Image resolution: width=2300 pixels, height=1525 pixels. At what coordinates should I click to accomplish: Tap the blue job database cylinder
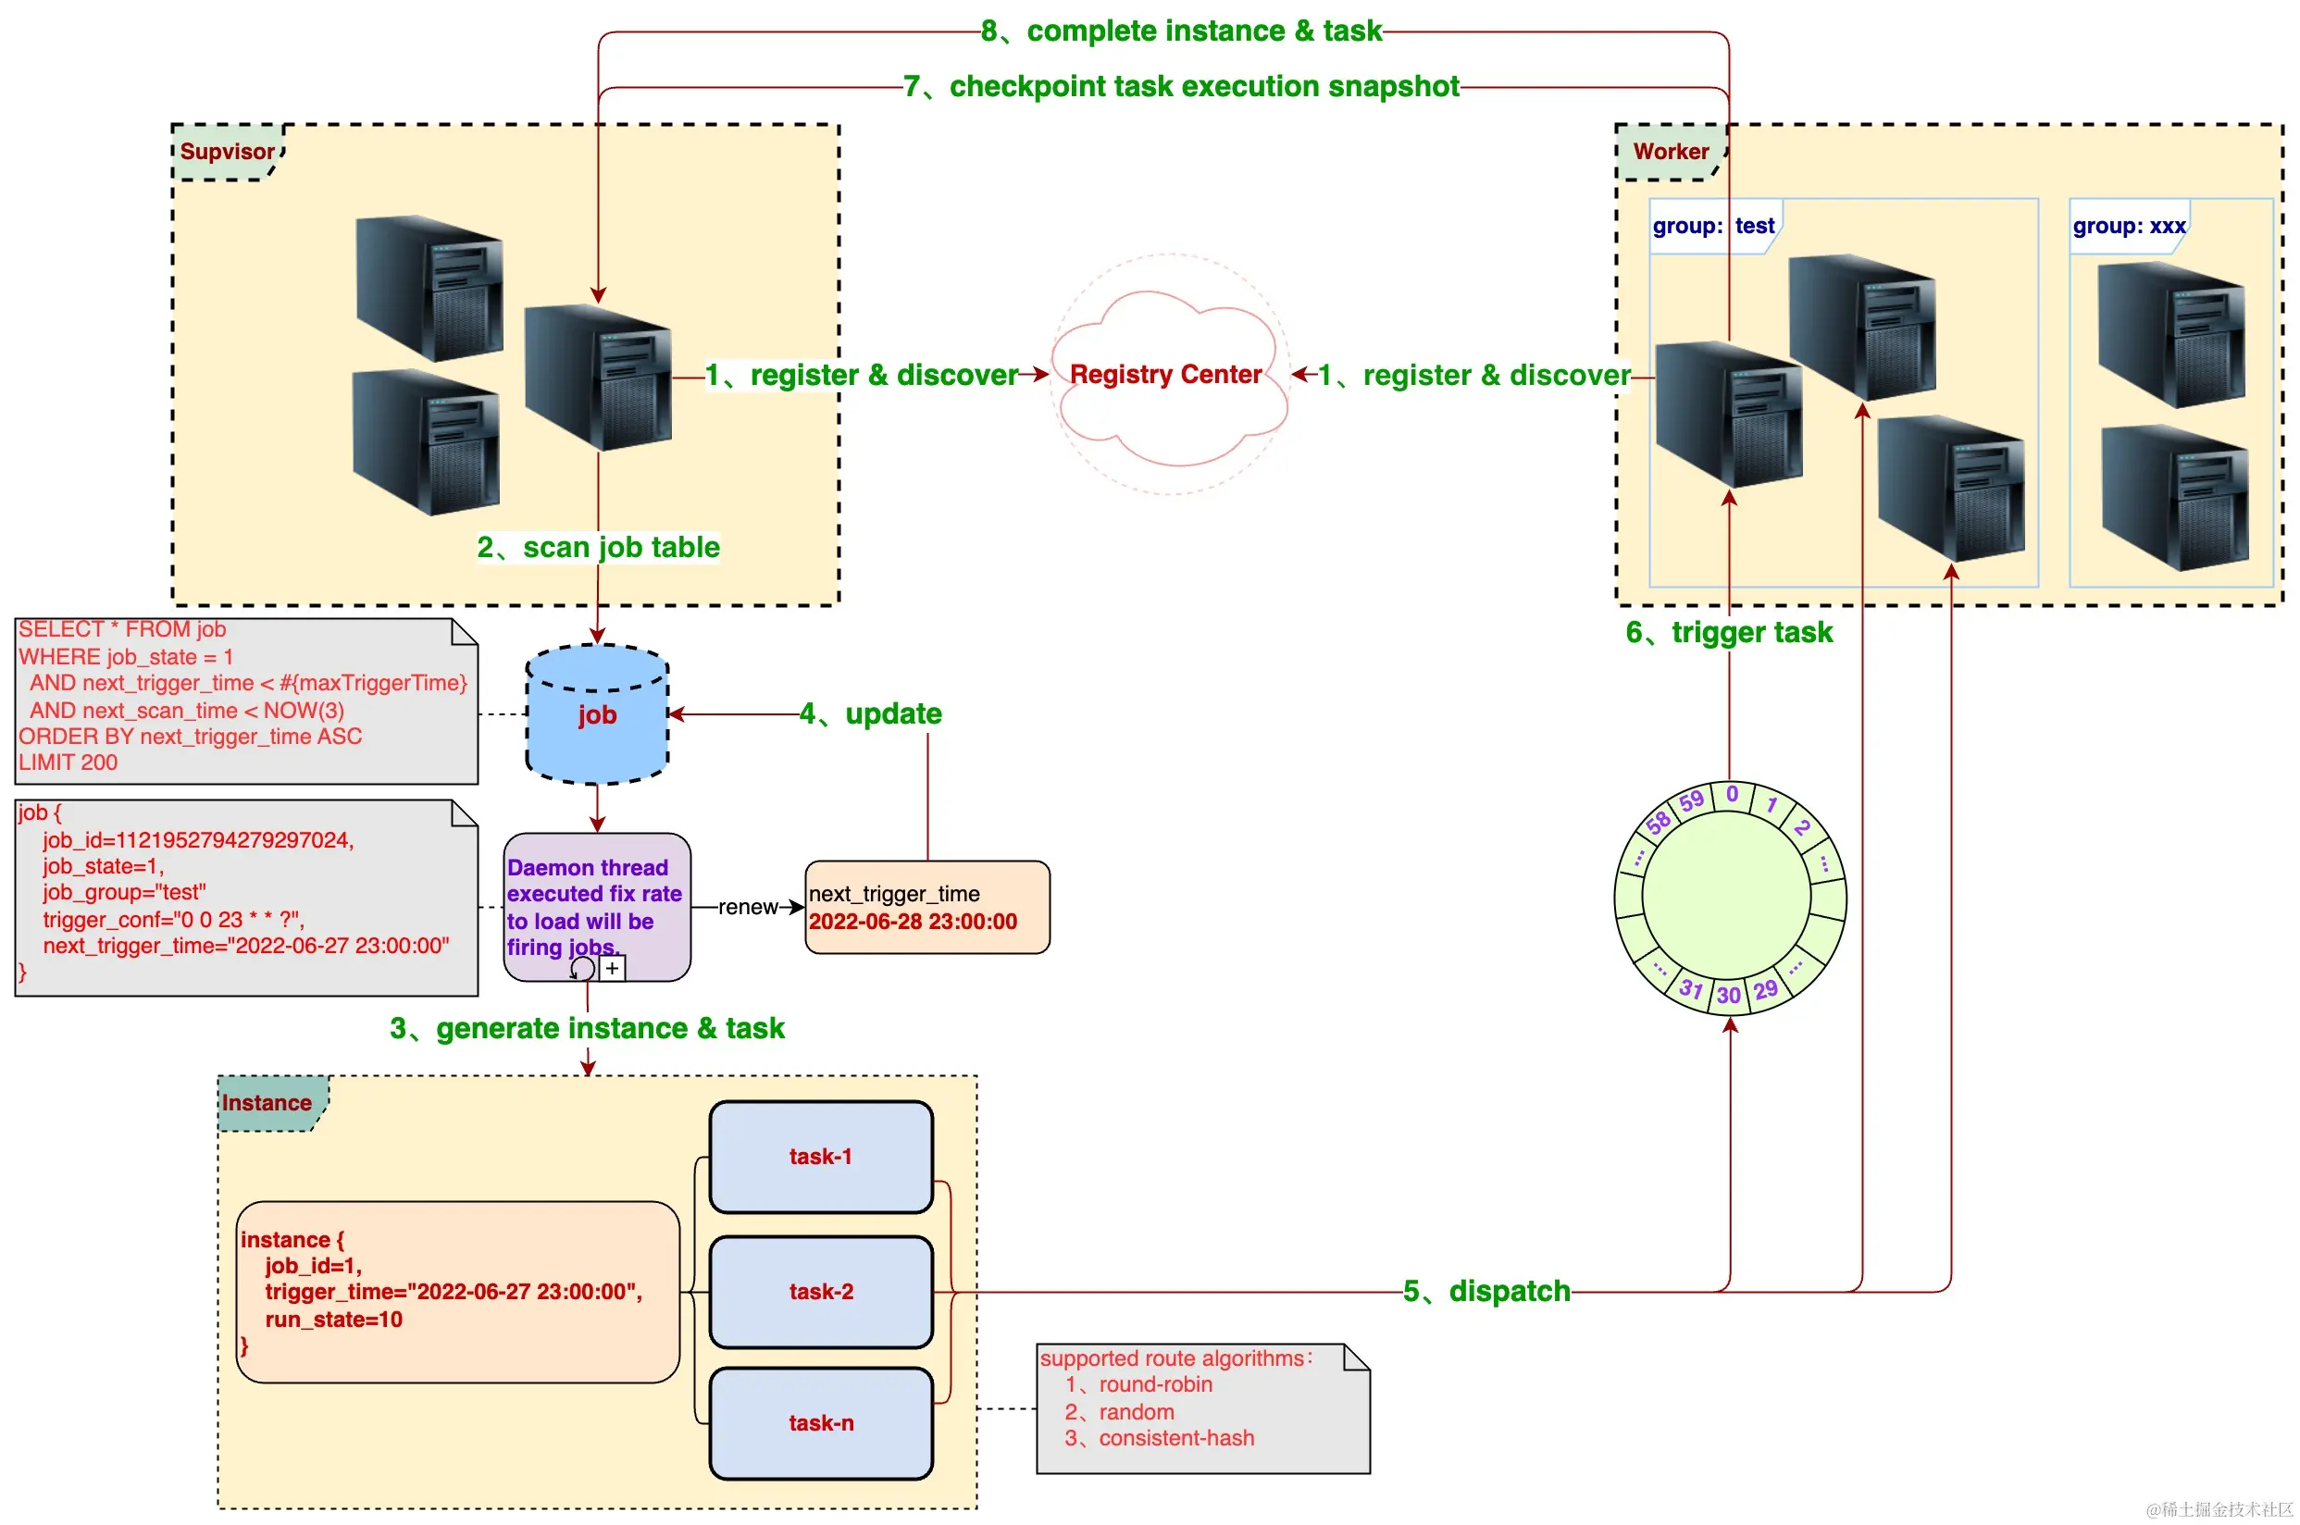pyautogui.click(x=597, y=714)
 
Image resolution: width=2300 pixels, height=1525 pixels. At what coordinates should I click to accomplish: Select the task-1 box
pyautogui.click(x=821, y=1157)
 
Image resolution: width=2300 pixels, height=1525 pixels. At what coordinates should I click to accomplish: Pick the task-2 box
pyautogui.click(x=821, y=1292)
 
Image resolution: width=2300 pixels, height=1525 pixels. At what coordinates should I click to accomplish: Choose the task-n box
pyautogui.click(x=821, y=1423)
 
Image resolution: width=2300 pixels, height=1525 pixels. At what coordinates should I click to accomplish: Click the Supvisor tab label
pyautogui.click(x=227, y=152)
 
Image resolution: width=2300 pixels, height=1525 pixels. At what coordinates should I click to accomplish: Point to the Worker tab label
pyautogui.click(x=1670, y=152)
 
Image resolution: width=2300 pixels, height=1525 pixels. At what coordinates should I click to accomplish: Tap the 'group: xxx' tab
pyautogui.click(x=2129, y=227)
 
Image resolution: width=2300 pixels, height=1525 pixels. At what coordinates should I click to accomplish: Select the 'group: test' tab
pyautogui.click(x=1713, y=227)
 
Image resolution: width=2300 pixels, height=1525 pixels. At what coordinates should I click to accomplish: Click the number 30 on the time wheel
pyautogui.click(x=1728, y=995)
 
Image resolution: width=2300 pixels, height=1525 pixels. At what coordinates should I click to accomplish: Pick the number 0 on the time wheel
pyautogui.click(x=1732, y=795)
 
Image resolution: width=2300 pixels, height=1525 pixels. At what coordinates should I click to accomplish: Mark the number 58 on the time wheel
pyautogui.click(x=1659, y=822)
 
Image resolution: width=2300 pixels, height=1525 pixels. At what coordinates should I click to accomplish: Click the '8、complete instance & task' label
pyautogui.click(x=1181, y=31)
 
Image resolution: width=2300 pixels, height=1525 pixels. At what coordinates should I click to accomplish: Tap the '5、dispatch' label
pyautogui.click(x=1486, y=1292)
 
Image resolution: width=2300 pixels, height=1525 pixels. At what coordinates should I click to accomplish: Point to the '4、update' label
pyautogui.click(x=870, y=713)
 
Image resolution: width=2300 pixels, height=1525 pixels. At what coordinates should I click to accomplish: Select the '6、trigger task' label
pyautogui.click(x=1729, y=633)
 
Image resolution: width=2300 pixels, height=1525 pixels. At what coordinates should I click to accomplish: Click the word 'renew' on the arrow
pyautogui.click(x=748, y=908)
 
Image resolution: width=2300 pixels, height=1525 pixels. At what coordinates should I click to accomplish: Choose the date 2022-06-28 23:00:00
pyautogui.click(x=913, y=922)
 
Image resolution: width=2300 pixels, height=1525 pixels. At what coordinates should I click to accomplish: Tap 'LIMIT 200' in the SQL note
pyautogui.click(x=68, y=762)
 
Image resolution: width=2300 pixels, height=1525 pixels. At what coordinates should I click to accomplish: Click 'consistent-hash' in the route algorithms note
pyautogui.click(x=1175, y=1437)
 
